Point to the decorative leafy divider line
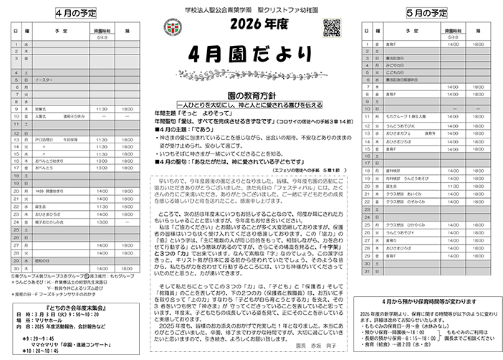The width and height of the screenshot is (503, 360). tap(251, 74)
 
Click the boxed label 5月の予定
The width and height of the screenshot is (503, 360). tap(426, 13)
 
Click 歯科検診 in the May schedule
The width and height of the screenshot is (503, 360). tap(393, 151)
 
